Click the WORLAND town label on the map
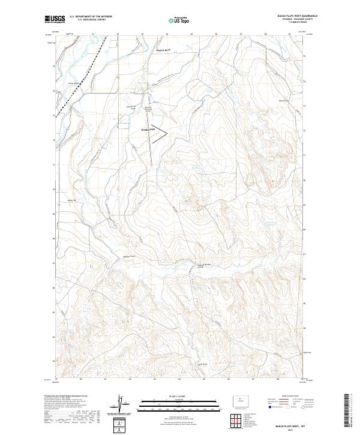tap(148, 130)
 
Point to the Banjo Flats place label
tap(284, 100)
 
